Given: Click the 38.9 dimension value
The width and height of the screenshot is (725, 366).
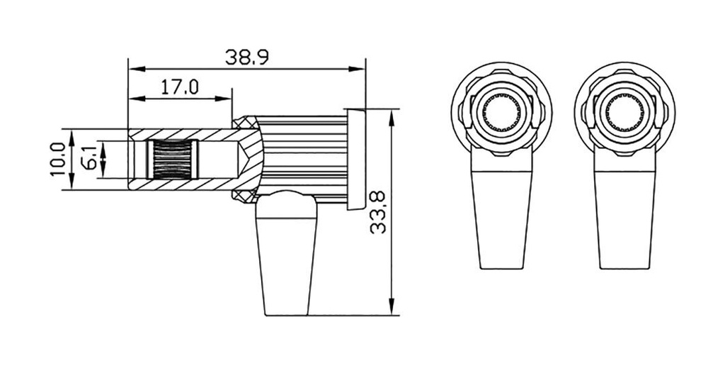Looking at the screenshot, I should (x=246, y=57).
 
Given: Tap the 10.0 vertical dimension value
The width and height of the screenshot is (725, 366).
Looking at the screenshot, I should (x=59, y=159).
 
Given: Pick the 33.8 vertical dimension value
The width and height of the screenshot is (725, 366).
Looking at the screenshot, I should (x=379, y=213).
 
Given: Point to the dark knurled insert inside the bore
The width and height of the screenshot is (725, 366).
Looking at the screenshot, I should (x=172, y=159).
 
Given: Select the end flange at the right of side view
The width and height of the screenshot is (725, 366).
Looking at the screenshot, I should (x=355, y=159).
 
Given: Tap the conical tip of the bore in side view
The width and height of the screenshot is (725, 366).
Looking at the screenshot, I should (x=244, y=159).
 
